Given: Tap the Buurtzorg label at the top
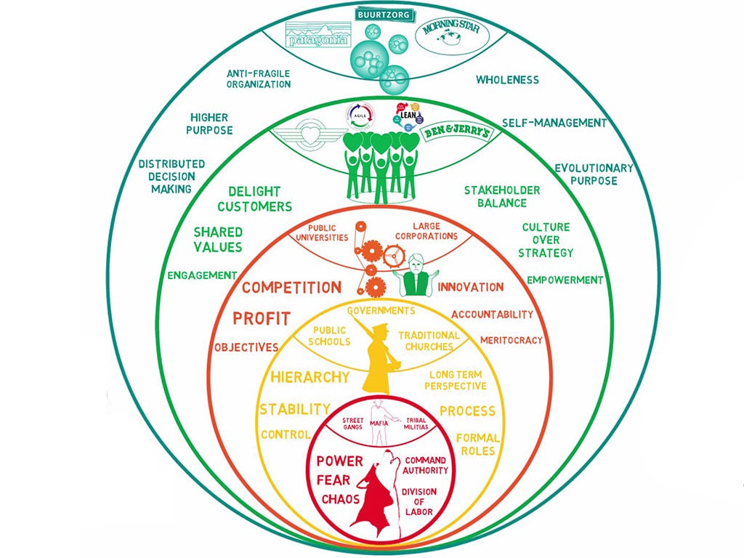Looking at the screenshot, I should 384,14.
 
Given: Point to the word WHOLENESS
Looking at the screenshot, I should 507,79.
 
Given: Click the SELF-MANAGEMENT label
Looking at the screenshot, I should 554,123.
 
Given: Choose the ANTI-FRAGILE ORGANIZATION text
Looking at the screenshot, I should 259,78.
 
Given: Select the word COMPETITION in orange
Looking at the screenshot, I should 291,287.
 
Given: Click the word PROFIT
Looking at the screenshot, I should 262,318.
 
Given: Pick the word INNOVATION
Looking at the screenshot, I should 470,287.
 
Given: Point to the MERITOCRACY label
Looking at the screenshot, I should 511,339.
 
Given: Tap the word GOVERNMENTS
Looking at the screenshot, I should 381,310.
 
